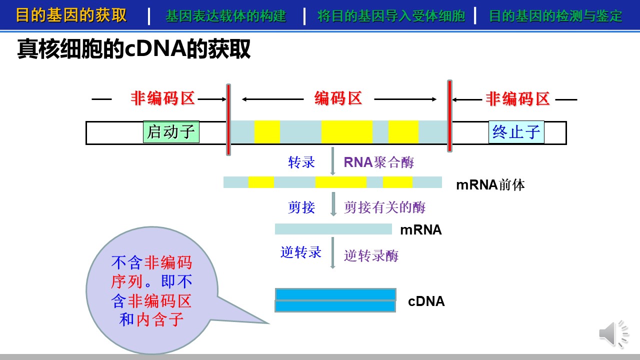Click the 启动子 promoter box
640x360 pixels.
point(171,131)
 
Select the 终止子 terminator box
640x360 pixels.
point(516,132)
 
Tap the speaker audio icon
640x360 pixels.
point(613,333)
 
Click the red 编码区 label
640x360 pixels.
point(338,98)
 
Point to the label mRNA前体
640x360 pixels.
point(490,185)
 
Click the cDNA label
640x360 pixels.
point(426,301)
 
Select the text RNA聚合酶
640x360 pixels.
point(379,162)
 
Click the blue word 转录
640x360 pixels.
point(301,162)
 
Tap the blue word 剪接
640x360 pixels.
point(301,207)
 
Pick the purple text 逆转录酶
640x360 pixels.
point(371,255)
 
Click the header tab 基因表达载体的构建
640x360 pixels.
point(225,15)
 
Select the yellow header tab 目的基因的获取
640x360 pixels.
point(71,15)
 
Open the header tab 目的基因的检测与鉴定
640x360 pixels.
point(555,15)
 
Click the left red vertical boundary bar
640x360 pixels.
point(228,119)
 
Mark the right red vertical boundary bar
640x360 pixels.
point(449,116)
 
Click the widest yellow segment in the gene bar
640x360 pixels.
point(347,131)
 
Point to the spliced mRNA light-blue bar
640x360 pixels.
point(333,229)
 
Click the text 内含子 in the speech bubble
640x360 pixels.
point(159,319)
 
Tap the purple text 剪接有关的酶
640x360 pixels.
point(384,207)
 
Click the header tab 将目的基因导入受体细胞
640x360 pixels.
point(391,15)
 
